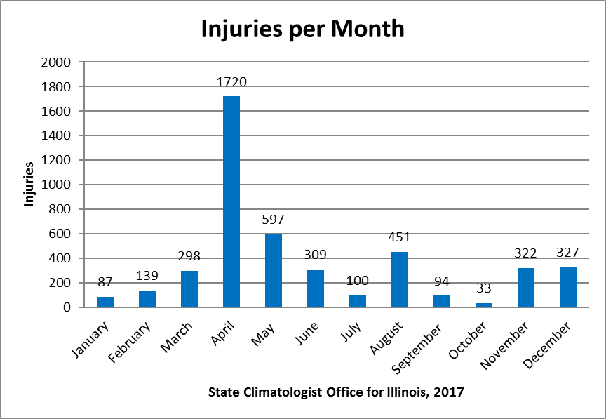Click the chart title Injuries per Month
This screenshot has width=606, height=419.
click(x=302, y=29)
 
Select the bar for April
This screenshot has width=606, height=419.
click(x=231, y=201)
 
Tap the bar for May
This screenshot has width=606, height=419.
click(x=274, y=270)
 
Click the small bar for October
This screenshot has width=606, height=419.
click(x=484, y=305)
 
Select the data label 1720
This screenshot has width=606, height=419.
click(x=231, y=82)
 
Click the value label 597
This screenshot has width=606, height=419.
click(x=274, y=220)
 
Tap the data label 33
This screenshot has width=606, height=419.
click(x=484, y=288)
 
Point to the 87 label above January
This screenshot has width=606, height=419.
click(x=105, y=282)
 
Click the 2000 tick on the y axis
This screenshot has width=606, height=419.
click(x=58, y=62)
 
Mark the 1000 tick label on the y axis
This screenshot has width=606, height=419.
click(x=58, y=185)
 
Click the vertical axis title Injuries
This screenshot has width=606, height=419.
click(x=29, y=185)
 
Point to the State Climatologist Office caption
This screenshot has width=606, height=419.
click(x=336, y=392)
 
